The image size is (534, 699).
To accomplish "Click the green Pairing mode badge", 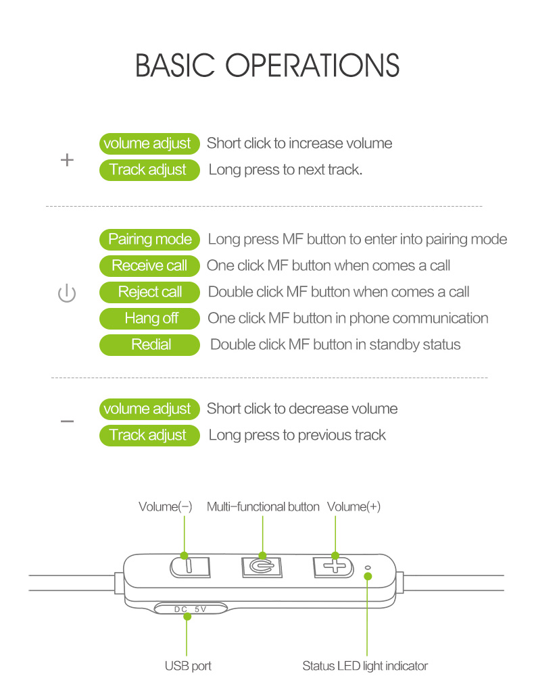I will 149,239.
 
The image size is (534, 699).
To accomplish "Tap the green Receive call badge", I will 149,265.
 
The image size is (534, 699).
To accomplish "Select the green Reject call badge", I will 149,292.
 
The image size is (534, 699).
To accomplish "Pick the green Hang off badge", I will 149,318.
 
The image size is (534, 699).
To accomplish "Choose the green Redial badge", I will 149,344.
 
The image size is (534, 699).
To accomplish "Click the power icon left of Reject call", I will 67,294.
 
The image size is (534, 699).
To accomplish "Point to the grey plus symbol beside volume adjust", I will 67,160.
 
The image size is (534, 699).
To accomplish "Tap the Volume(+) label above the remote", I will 354,507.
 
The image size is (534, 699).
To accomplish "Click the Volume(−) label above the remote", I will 166,507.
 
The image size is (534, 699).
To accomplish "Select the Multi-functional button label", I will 263,507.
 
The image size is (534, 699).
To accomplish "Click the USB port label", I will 188,666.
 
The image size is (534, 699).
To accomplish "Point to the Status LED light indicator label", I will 365,666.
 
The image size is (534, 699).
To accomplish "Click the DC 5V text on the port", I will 190,609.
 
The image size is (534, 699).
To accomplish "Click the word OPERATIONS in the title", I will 312,66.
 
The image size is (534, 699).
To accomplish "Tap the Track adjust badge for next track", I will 149,170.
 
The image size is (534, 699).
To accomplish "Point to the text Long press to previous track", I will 297,435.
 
